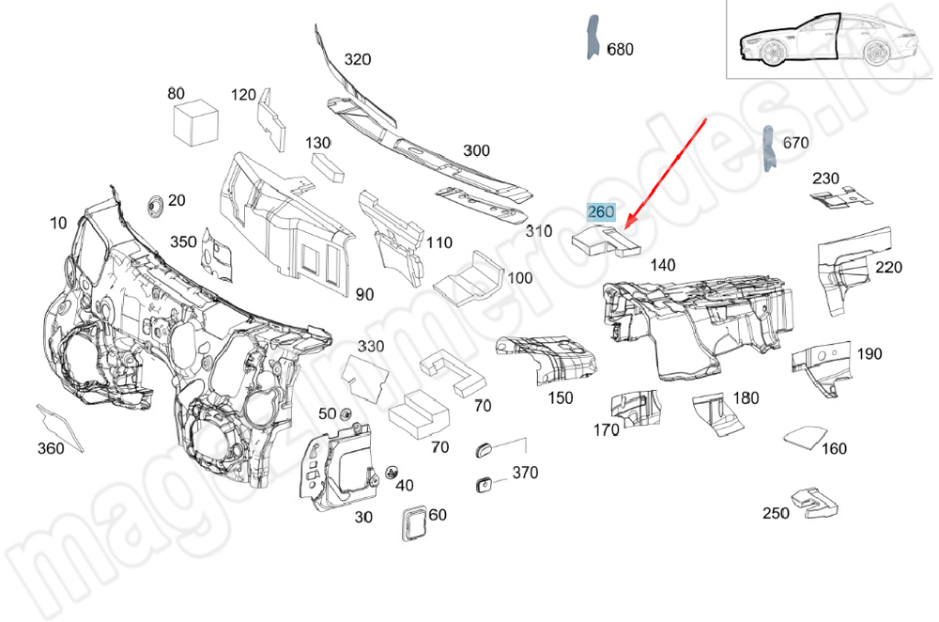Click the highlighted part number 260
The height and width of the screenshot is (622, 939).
click(x=601, y=212)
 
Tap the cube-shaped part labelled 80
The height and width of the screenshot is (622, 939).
click(x=195, y=123)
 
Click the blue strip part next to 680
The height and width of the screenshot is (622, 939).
click(x=593, y=38)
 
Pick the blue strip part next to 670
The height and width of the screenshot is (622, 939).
click(x=768, y=149)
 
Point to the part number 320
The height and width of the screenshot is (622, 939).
click(x=357, y=59)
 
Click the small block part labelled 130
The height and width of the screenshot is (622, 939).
click(x=330, y=167)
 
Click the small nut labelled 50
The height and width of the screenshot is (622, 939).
click(x=345, y=414)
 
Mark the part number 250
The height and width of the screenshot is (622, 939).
click(x=776, y=513)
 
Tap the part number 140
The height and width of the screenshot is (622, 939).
click(x=662, y=266)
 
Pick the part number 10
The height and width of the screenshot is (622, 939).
click(x=59, y=223)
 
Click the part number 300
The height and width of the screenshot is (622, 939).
click(x=476, y=150)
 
